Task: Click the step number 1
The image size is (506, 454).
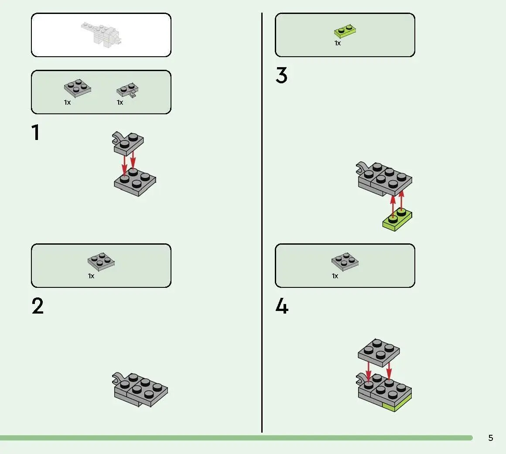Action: (35, 132)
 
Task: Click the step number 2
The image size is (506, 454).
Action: (38, 306)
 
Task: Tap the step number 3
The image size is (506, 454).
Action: (281, 75)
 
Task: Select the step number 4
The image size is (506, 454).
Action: (282, 306)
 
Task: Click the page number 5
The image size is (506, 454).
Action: (490, 438)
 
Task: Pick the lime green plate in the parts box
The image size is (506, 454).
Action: (345, 31)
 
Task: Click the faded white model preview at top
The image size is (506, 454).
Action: (102, 34)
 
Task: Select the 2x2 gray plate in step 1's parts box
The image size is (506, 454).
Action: (78, 88)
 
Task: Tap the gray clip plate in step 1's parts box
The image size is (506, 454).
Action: (128, 90)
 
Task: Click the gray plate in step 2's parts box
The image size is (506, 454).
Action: (101, 262)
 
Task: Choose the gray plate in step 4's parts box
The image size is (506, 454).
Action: (345, 262)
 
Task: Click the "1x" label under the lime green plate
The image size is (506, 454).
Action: (338, 43)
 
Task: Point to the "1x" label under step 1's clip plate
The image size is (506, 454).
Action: (120, 102)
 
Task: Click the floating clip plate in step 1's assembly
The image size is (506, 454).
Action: (128, 143)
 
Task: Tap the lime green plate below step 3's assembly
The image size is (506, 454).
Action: (397, 219)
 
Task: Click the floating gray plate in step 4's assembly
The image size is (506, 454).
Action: (379, 353)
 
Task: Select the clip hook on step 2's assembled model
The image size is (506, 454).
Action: (117, 378)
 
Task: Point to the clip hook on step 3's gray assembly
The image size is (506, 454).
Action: (362, 167)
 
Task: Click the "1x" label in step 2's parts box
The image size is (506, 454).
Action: (91, 276)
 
